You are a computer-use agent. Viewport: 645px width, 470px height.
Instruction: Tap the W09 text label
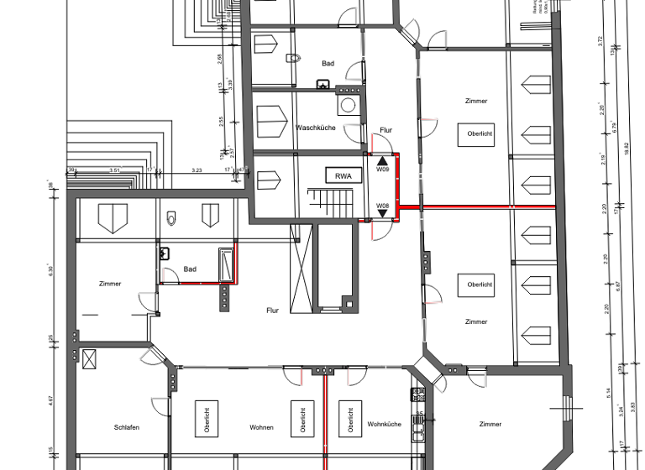382,170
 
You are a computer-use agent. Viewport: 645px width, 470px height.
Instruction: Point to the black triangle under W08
382,213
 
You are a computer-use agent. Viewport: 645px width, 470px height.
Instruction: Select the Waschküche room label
316,128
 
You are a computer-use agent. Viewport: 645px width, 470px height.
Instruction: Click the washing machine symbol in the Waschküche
348,106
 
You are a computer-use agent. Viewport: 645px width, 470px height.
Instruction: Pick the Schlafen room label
127,427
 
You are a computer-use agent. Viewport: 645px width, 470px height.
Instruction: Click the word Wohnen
261,427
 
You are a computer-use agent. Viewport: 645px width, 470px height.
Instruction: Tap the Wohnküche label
384,425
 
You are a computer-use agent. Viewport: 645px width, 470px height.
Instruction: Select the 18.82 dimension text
627,149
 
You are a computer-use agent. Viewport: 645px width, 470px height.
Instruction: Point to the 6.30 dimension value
51,270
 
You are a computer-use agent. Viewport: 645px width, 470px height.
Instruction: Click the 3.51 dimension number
115,170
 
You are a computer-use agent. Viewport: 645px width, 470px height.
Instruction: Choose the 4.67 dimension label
51,401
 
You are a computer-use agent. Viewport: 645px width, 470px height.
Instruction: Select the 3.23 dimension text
197,170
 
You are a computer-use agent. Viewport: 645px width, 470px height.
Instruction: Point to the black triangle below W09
382,159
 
